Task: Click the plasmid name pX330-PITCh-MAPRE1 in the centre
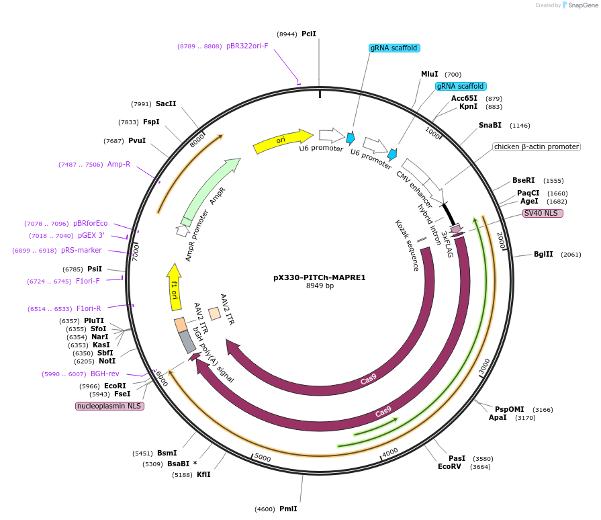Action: pyautogui.click(x=319, y=277)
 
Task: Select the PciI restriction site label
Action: pyautogui.click(x=309, y=34)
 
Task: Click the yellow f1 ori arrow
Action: pyautogui.click(x=175, y=288)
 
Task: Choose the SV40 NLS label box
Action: pyautogui.click(x=543, y=213)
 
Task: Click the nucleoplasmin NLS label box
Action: pyautogui.click(x=110, y=406)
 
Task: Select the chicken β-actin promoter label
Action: pyautogui.click(x=536, y=146)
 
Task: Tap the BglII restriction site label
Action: pyautogui.click(x=543, y=254)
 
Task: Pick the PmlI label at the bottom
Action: pyautogui.click(x=287, y=509)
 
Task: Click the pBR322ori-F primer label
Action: pyautogui.click(x=247, y=46)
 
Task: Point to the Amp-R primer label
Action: pyautogui.click(x=119, y=164)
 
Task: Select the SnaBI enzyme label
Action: pyautogui.click(x=490, y=125)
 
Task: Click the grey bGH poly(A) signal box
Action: pyautogui.click(x=187, y=342)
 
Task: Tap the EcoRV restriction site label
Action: pyautogui.click(x=449, y=466)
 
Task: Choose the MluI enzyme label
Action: pyautogui.click(x=429, y=74)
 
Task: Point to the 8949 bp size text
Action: pyautogui.click(x=320, y=286)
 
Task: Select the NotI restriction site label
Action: pyautogui.click(x=107, y=361)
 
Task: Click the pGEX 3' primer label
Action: pyautogui.click(x=91, y=236)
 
